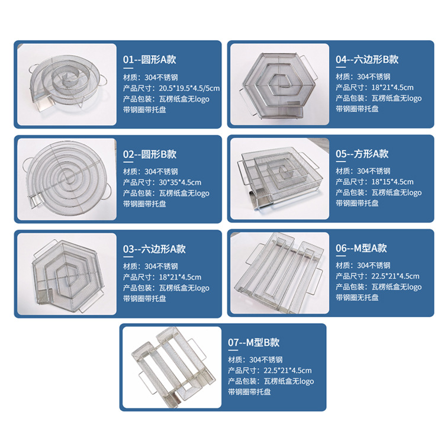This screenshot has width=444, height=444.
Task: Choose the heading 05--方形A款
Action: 362,154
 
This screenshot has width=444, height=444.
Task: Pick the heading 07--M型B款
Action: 253,342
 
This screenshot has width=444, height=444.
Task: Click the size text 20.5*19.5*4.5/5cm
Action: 172,88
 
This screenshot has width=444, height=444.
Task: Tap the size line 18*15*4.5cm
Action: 374,182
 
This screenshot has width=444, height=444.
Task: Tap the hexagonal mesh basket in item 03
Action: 66,271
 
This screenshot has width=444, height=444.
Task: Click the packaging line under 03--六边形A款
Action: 166,288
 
